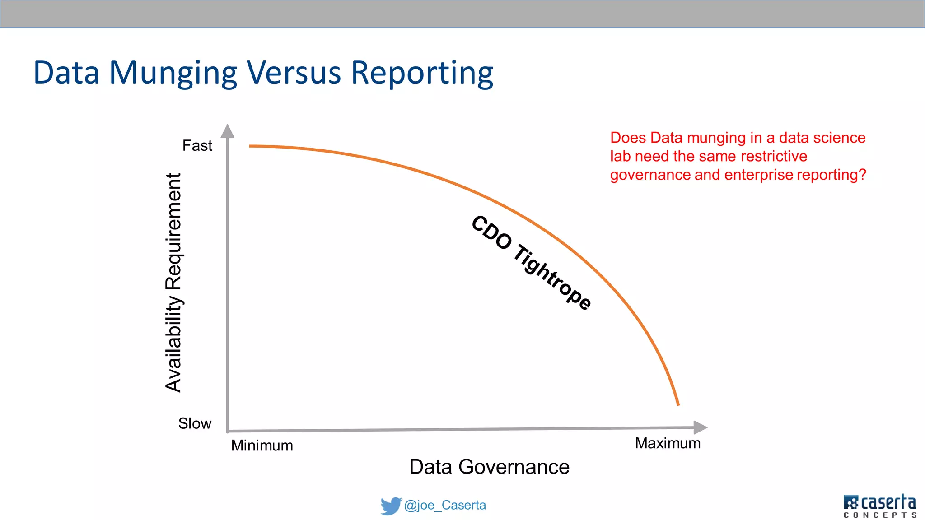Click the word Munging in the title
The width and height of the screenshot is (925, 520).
click(173, 73)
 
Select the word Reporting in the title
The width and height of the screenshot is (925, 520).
click(422, 73)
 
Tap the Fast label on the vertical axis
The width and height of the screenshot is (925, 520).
click(197, 146)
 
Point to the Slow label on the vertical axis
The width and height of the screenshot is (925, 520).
click(195, 423)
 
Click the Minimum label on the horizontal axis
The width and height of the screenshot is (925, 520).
click(262, 446)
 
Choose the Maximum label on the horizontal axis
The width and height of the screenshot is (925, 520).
click(668, 443)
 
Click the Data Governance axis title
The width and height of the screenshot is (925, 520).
click(489, 467)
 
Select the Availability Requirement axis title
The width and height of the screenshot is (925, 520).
click(173, 283)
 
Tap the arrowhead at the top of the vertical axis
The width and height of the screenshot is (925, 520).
click(228, 131)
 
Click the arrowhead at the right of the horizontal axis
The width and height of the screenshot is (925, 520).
click(700, 427)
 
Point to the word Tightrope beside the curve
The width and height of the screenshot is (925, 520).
click(552, 277)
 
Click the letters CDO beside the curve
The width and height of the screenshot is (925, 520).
click(491, 232)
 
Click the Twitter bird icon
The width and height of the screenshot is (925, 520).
click(390, 506)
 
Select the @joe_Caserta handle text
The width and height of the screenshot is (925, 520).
click(445, 505)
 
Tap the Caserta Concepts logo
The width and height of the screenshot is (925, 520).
click(879, 506)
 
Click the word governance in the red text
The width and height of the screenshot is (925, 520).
click(650, 175)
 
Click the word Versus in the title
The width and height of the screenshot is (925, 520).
click(294, 73)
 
